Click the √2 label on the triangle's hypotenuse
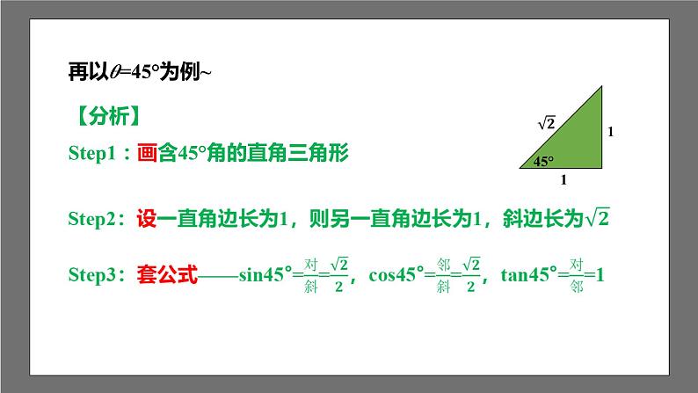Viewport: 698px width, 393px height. coord(546,124)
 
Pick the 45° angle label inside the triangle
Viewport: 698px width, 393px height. coord(542,161)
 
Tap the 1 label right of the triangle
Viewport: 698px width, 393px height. coord(610,132)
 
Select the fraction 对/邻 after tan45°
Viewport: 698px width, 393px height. coord(576,275)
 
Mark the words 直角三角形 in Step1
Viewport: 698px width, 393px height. coord(307,153)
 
